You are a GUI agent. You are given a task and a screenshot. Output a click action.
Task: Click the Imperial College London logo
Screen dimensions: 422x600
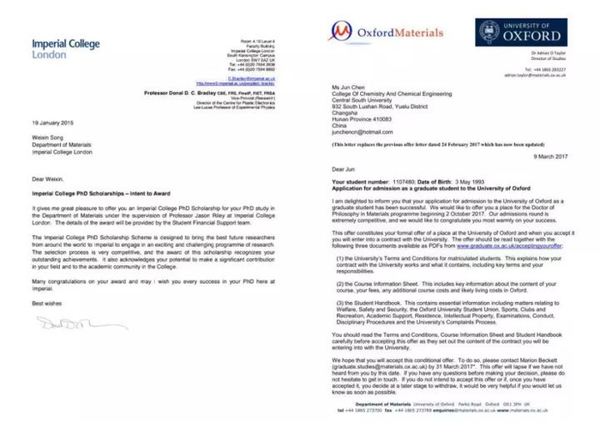(x=65, y=47)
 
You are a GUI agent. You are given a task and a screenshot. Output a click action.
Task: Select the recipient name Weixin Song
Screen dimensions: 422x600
(x=52, y=136)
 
